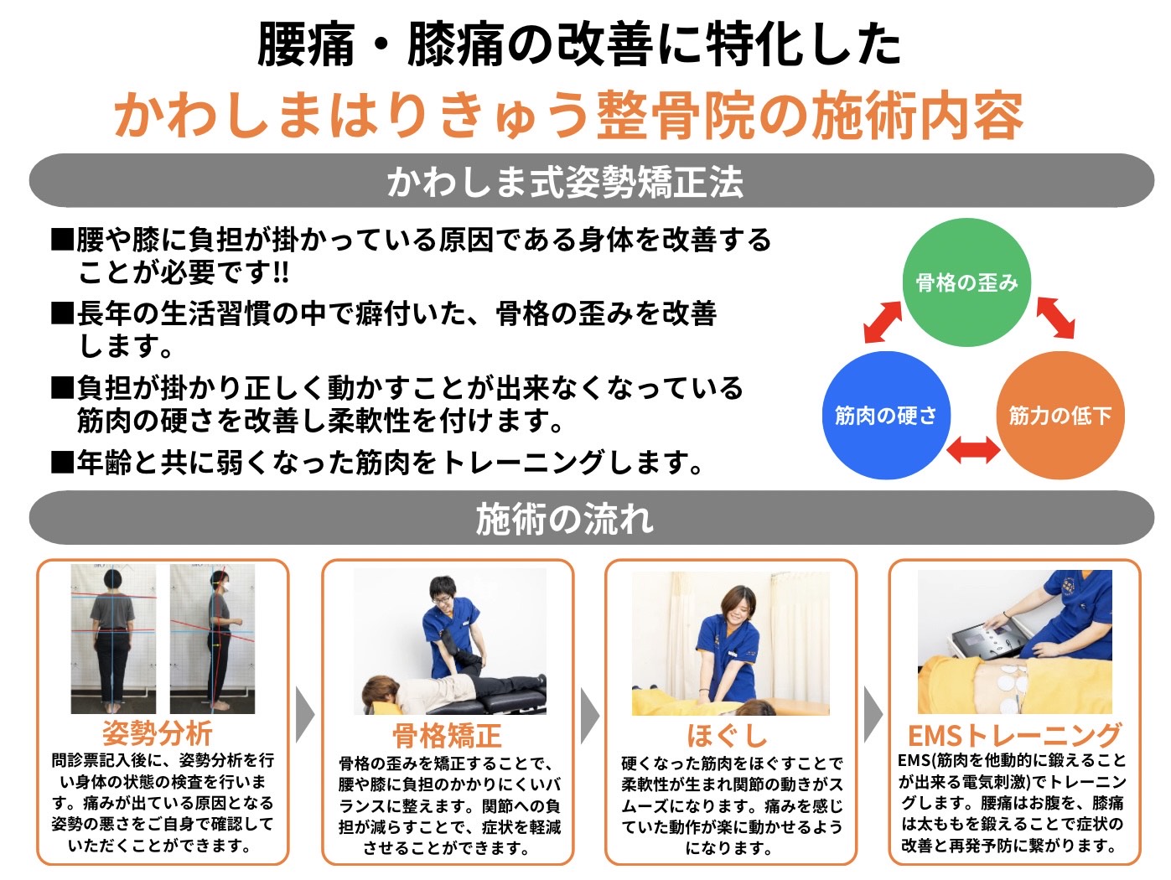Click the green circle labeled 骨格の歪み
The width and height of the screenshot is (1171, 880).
[966, 282]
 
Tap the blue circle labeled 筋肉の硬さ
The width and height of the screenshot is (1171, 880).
[886, 415]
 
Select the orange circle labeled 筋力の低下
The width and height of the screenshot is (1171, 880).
[1060, 415]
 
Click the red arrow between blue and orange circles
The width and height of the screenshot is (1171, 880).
[973, 449]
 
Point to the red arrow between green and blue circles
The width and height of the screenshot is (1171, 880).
[883, 322]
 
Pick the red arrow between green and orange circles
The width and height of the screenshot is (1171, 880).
[1055, 318]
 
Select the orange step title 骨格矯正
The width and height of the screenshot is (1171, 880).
[447, 736]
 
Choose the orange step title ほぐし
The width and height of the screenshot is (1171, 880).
[727, 736]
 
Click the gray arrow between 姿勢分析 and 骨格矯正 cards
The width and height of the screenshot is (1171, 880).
[304, 715]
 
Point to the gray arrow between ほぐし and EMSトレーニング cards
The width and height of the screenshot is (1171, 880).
[873, 715]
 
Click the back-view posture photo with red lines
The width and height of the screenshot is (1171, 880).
[114, 639]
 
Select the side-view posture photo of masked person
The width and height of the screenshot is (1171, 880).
[212, 639]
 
